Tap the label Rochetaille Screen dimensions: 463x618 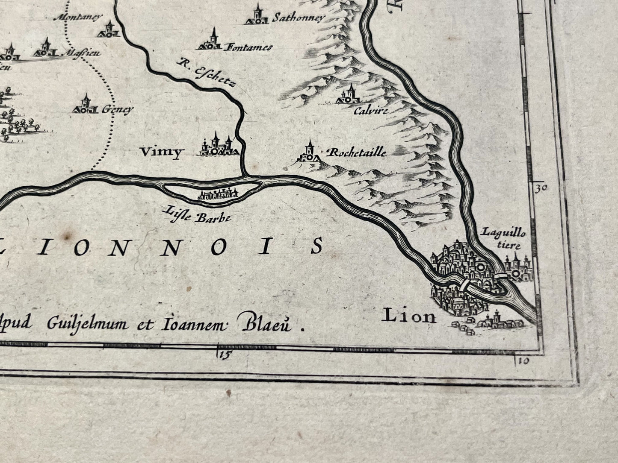(356, 152)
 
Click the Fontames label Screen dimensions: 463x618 (248, 47)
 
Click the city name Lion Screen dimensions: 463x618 (409, 316)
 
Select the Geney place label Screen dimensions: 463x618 (117, 109)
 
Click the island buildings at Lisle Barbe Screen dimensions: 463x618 (217, 195)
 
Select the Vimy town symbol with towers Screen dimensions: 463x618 (217, 146)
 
